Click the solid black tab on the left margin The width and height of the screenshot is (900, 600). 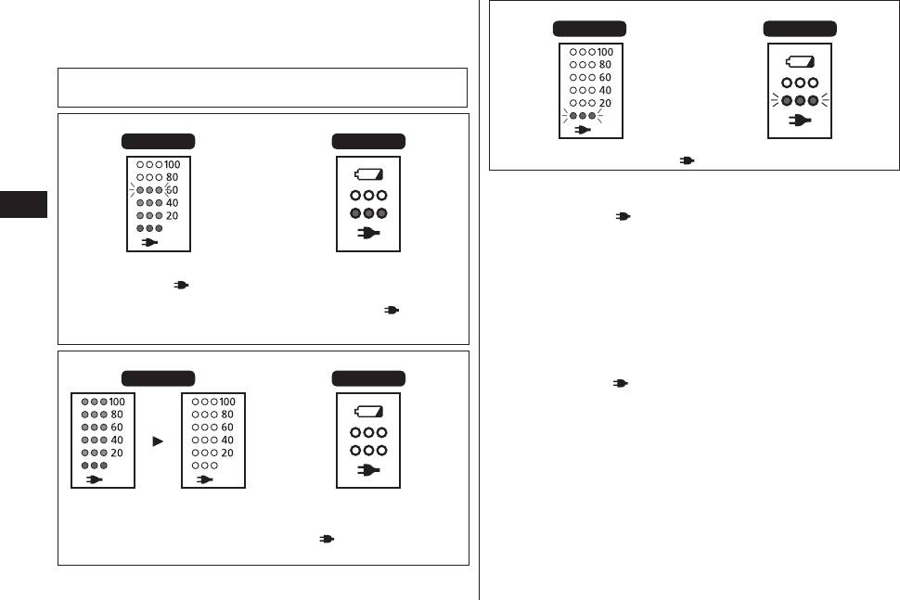(23, 204)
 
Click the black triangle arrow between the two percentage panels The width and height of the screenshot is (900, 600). (158, 441)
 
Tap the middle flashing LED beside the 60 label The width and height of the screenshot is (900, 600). (149, 190)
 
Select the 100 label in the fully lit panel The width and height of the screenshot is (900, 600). (117, 402)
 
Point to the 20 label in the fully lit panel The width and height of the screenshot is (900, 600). (117, 453)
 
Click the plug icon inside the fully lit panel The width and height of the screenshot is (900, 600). (94, 479)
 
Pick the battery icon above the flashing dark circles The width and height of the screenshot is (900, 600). (800, 61)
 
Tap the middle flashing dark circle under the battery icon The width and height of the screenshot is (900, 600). (800, 100)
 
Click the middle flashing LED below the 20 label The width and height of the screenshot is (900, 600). (583, 116)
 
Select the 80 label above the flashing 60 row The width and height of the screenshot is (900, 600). (172, 177)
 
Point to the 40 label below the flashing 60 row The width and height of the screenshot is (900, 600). (172, 202)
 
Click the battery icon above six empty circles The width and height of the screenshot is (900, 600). (368, 411)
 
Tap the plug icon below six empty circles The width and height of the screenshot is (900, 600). (368, 470)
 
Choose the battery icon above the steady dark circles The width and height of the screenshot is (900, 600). (368, 173)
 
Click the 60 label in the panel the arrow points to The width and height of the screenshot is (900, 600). (227, 428)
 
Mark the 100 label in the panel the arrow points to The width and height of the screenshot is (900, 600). (227, 402)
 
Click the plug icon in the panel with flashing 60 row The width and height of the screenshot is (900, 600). (149, 242)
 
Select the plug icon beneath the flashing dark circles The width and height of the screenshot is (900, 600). (800, 120)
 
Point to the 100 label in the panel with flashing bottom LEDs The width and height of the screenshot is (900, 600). (605, 52)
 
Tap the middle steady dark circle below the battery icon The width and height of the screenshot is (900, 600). (368, 213)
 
